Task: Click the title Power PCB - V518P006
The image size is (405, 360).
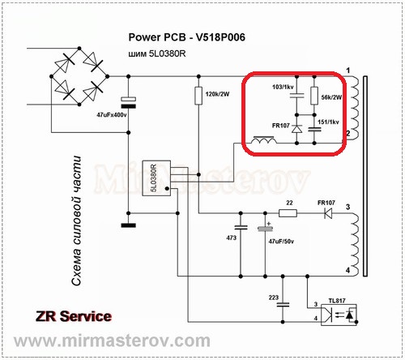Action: click(x=186, y=37)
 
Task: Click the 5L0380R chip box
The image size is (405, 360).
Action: click(x=156, y=178)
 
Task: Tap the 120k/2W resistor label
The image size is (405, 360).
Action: click(x=217, y=94)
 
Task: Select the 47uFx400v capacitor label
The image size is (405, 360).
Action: click(x=112, y=115)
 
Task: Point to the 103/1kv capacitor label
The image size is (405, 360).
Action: click(x=283, y=87)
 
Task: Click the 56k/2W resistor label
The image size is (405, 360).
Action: click(x=331, y=97)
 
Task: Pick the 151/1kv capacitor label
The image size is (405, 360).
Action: click(x=328, y=122)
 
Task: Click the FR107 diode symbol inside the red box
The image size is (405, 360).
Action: click(x=296, y=129)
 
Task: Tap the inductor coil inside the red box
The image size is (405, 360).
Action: click(x=264, y=140)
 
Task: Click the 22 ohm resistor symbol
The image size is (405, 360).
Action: click(x=288, y=213)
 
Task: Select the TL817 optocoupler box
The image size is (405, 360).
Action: click(x=339, y=315)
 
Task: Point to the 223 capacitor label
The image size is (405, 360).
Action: click(x=274, y=298)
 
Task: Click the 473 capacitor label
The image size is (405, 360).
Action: click(x=231, y=238)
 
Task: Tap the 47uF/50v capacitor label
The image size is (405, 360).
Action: click(x=281, y=242)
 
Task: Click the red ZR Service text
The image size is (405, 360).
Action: click(x=74, y=316)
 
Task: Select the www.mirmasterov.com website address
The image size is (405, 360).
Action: click(x=112, y=341)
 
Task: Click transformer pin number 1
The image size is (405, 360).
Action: click(x=348, y=71)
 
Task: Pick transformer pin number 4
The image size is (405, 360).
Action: click(x=347, y=270)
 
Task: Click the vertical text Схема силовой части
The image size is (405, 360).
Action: click(x=76, y=221)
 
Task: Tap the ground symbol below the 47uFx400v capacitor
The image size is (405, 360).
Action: click(x=129, y=225)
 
